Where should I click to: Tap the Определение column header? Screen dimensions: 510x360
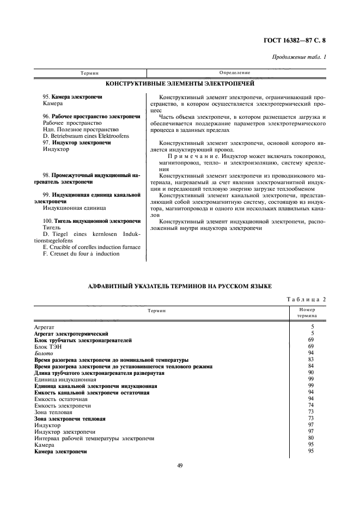pyautogui.click(x=234, y=72)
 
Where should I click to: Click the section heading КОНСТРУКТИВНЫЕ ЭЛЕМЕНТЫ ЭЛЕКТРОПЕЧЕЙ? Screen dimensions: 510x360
pyautogui.click(x=179, y=84)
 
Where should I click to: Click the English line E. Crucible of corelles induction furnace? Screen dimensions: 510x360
pyautogui.click(x=91, y=247)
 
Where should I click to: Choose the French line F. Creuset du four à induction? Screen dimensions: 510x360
pyautogui.click(x=78, y=253)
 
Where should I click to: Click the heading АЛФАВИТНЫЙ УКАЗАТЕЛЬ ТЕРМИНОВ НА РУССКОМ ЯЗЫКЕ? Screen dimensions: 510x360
pyautogui.click(x=179, y=286)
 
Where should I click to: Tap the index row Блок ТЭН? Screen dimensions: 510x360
pyautogui.click(x=48, y=347)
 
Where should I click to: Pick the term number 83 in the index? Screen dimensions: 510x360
pyautogui.click(x=311, y=360)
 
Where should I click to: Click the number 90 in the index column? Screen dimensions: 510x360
pyautogui.click(x=311, y=373)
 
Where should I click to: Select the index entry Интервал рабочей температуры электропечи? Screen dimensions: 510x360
pyautogui.click(x=94, y=438)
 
